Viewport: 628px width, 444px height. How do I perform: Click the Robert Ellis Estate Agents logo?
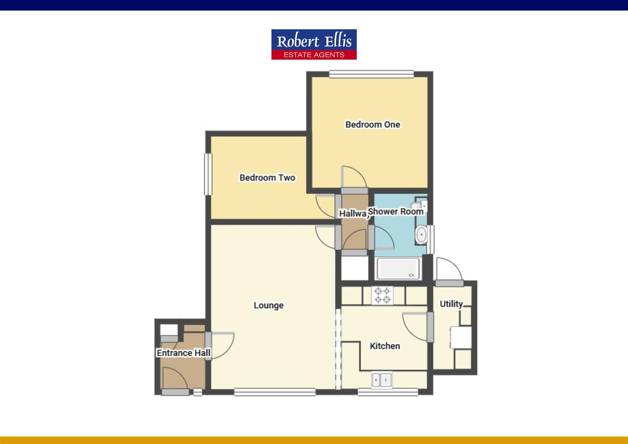[314, 44]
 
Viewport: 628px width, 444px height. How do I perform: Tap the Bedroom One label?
[372, 125]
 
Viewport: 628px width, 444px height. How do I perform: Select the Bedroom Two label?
[267, 178]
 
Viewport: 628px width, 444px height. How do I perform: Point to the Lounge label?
[268, 305]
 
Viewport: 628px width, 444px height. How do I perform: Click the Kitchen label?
[385, 346]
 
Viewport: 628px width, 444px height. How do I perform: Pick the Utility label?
[451, 304]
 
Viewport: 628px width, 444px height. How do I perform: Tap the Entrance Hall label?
[183, 353]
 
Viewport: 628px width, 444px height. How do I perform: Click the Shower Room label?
[395, 211]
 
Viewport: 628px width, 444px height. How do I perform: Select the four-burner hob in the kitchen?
[382, 295]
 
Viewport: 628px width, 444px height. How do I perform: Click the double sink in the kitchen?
[382, 380]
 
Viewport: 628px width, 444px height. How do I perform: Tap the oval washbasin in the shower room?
[421, 235]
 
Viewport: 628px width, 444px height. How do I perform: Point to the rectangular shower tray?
[398, 268]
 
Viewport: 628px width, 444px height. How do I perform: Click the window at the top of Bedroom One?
[371, 74]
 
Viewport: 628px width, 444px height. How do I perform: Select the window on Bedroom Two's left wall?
[208, 174]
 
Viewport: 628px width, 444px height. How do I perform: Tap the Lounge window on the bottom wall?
[275, 392]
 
